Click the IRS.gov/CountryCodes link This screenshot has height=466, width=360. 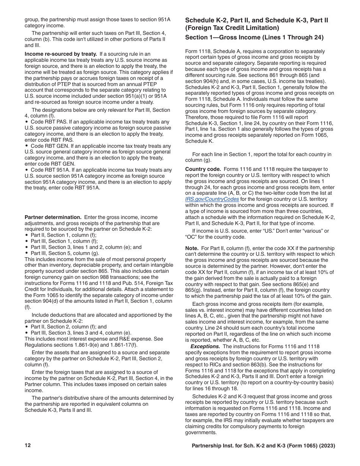point(212,199)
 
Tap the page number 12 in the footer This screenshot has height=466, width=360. point(28,446)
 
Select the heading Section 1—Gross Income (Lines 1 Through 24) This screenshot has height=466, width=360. point(254,37)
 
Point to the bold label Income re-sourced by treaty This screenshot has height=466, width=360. point(61,54)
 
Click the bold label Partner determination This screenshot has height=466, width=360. point(53,217)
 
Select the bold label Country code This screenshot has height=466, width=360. point(202,169)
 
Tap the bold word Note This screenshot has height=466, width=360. point(192,248)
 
